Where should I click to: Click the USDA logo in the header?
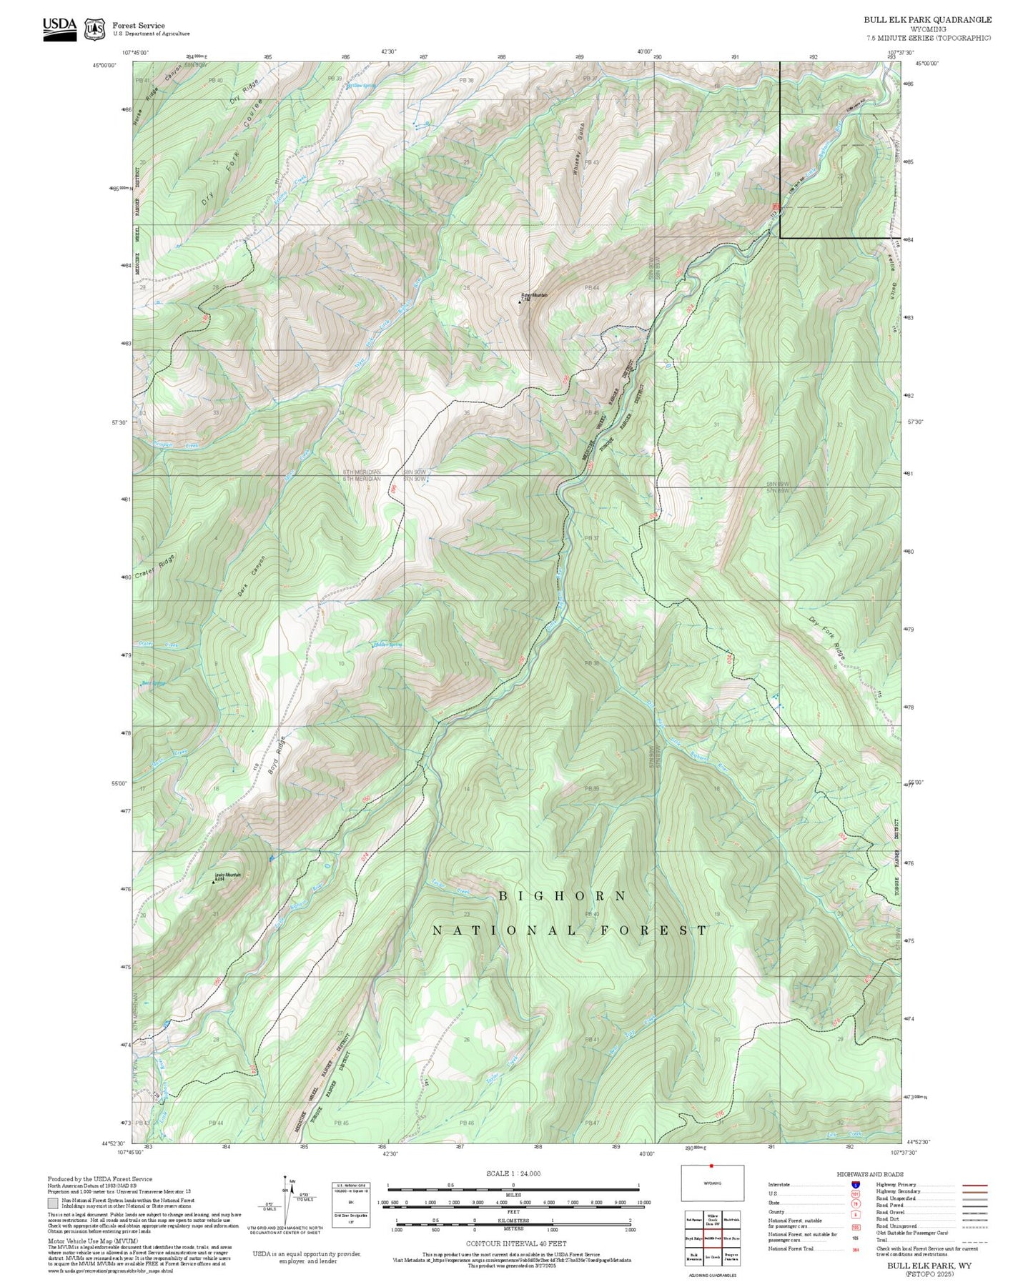click(59, 29)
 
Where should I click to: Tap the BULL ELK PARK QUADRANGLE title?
click(927, 19)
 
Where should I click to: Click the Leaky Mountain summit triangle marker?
click(213, 882)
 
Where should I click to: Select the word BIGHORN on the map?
click(563, 896)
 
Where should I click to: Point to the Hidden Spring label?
click(388, 645)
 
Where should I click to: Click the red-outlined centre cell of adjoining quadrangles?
click(711, 1237)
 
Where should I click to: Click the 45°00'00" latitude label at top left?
click(104, 65)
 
